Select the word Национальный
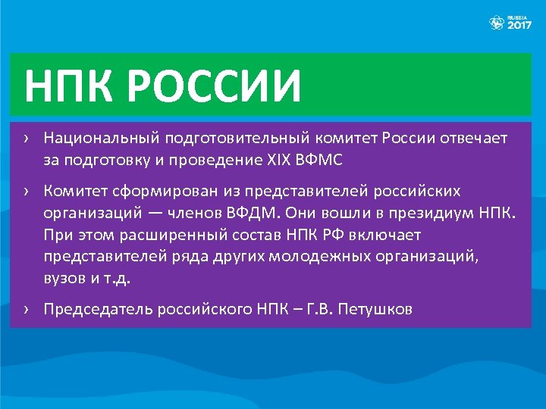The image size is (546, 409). pyautogui.click(x=96, y=139)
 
